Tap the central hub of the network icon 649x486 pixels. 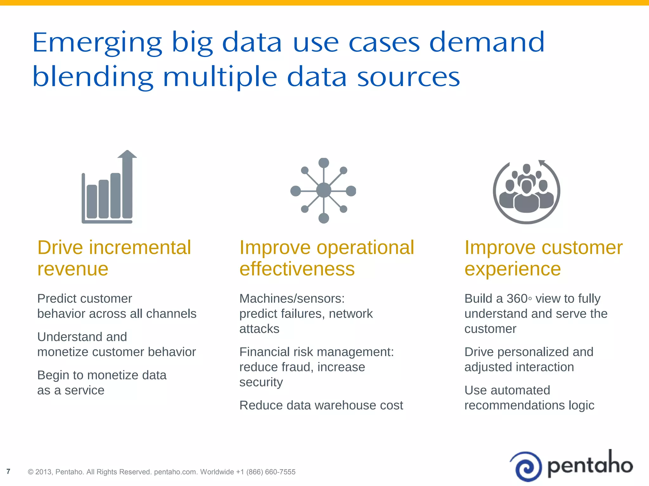[324, 190]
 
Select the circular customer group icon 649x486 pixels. [526, 192]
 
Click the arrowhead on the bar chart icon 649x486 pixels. [127, 154]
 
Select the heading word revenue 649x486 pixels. [73, 269]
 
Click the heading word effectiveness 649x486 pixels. [297, 269]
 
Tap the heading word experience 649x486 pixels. [512, 269]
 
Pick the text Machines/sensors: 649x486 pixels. [292, 298]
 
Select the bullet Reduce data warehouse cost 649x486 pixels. [321, 405]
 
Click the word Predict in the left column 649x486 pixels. [57, 298]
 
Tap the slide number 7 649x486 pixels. [9, 471]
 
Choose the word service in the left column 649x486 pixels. [84, 390]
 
